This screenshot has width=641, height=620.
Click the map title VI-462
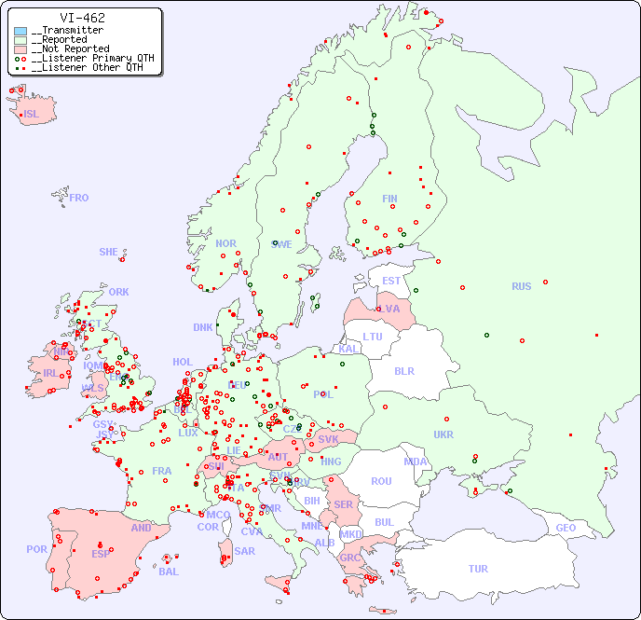pos(82,18)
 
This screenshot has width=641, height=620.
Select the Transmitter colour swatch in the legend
pos(20,31)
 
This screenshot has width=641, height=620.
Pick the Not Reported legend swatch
pos(20,49)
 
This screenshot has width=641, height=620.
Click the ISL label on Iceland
pos(32,115)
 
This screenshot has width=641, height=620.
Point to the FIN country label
pos(389,199)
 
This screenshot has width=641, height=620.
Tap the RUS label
pos(521,286)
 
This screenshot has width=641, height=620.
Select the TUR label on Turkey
pos(478,569)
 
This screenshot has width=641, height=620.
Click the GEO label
pos(566,528)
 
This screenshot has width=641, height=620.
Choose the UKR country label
pos(443,434)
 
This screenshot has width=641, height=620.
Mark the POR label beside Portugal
pos(36,549)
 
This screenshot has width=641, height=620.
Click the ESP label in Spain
pos(101,553)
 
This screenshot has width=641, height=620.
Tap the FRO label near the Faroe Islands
pos(79,198)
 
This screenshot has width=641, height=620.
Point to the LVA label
pos(389,309)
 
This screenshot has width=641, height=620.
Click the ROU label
pos(381,481)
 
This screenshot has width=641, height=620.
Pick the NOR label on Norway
pos(225,243)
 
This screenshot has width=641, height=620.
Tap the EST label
pos(391,281)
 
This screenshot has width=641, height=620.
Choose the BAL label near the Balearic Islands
pos(168,572)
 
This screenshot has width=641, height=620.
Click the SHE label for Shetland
pos(108,252)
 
